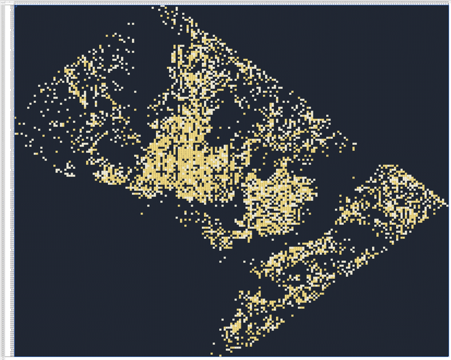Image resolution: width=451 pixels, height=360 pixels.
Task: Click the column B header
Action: tap(16, 2)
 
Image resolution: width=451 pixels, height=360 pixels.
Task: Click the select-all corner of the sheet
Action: tap(2, 2)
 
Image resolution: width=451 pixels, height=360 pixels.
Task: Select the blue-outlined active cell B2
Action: tap(16, 6)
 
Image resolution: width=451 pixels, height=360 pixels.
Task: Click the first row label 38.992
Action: tap(12, 6)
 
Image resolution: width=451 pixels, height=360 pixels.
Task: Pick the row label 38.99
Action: tap(12, 10)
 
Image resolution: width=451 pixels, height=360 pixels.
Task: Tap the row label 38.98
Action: tap(12, 30)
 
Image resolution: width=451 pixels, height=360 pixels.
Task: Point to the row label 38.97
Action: tap(12, 50)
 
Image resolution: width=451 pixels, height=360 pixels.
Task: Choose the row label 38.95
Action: tap(12, 90)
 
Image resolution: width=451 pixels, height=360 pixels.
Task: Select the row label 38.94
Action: tap(12, 110)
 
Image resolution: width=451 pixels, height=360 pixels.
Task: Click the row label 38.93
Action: tap(12, 130)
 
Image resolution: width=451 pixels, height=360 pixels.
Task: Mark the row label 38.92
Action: tap(12, 150)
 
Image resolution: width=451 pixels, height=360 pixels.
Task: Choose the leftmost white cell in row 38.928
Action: tap(16, 134)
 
